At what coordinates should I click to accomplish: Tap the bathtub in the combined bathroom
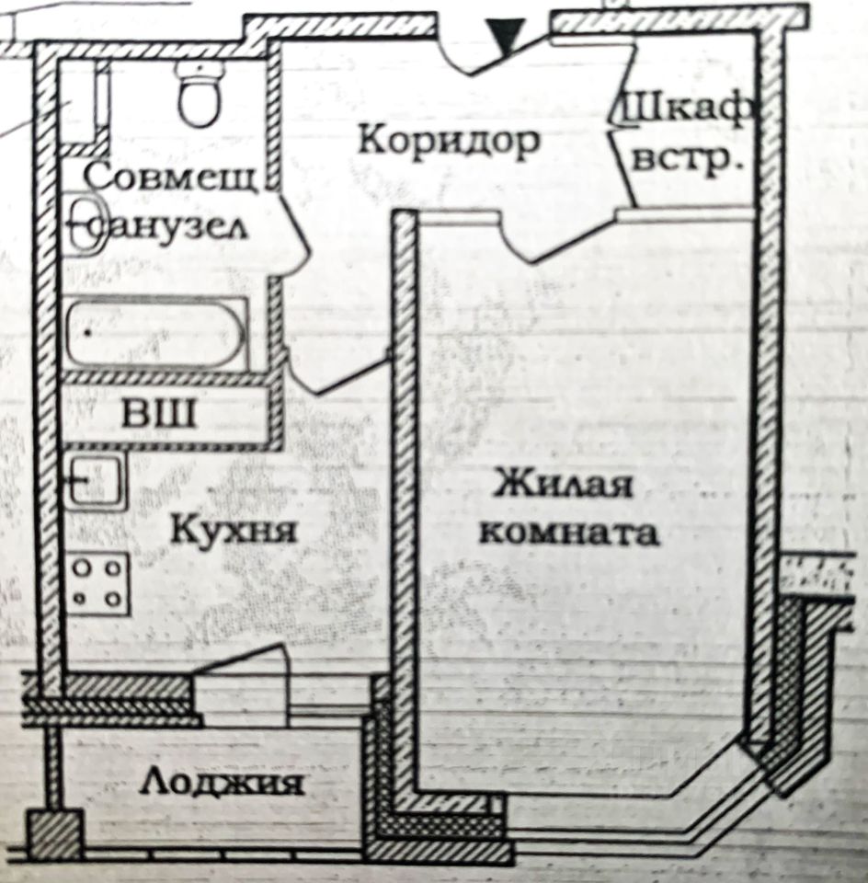click(154, 333)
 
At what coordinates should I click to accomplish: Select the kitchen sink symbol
click(95, 480)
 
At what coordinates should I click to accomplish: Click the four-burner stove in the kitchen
click(98, 583)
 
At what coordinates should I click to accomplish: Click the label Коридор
click(448, 142)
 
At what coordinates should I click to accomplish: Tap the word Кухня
click(234, 531)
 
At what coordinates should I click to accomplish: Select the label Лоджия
click(223, 783)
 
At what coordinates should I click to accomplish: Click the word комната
click(570, 533)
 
